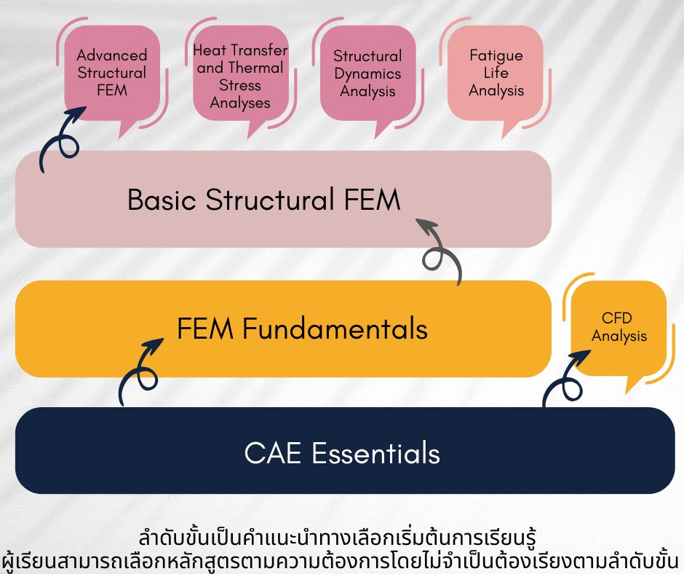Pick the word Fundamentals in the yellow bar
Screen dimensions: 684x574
[x=335, y=328]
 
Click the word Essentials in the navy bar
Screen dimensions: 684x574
[x=375, y=452]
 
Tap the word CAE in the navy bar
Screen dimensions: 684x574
[x=273, y=453]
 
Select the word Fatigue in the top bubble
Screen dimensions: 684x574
[x=496, y=55]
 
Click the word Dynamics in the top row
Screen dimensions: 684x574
[x=367, y=74]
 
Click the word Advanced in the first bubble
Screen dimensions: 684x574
[x=112, y=55]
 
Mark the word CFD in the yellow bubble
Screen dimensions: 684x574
[x=617, y=318]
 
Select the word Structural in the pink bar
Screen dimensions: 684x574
[x=269, y=200]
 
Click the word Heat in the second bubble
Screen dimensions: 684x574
[x=209, y=50]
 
